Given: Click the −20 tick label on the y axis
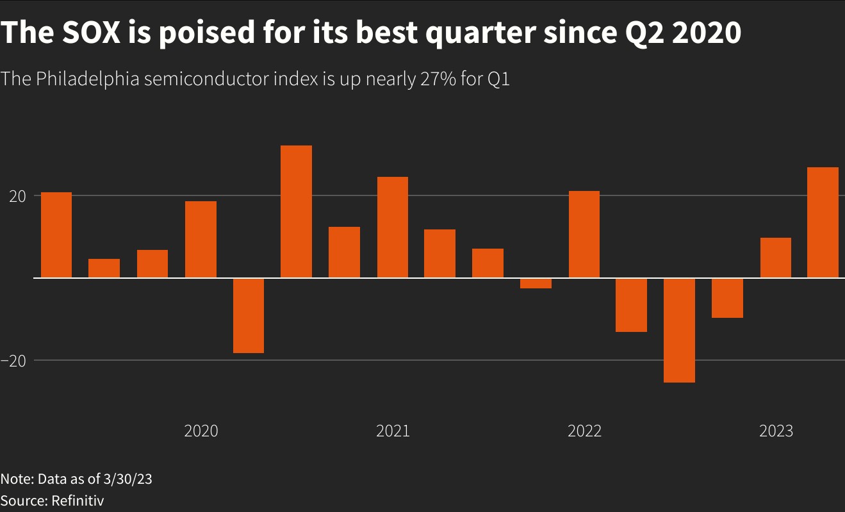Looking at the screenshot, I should pyautogui.click(x=13, y=361).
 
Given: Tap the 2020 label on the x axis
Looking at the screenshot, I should pyautogui.click(x=201, y=431).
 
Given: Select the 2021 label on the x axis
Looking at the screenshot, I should pyautogui.click(x=393, y=431).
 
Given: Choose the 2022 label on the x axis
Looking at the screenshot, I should pyautogui.click(x=584, y=431).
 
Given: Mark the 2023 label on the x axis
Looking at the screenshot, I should pyautogui.click(x=776, y=431).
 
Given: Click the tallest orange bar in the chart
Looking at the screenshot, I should pyautogui.click(x=297, y=211).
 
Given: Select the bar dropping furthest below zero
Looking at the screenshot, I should pyautogui.click(x=680, y=330).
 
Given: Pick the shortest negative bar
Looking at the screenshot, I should pyautogui.click(x=536, y=283).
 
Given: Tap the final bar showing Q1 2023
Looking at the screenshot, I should pyautogui.click(x=823, y=222).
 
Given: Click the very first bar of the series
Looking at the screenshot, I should pyautogui.click(x=56, y=235).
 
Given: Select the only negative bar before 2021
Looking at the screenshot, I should pyautogui.click(x=249, y=315).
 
